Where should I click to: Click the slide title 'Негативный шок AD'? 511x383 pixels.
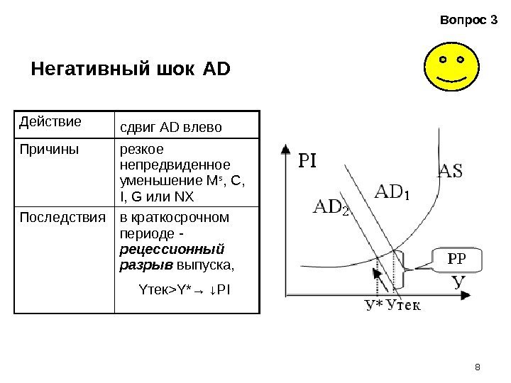click(132, 70)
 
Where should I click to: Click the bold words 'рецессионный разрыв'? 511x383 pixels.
click(173, 257)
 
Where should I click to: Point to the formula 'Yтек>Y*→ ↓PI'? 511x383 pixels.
click(187, 289)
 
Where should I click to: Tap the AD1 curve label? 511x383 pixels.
click(392, 192)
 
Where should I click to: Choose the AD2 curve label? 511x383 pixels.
click(331, 208)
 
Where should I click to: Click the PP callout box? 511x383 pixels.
click(454, 259)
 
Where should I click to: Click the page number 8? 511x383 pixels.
click(477, 366)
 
